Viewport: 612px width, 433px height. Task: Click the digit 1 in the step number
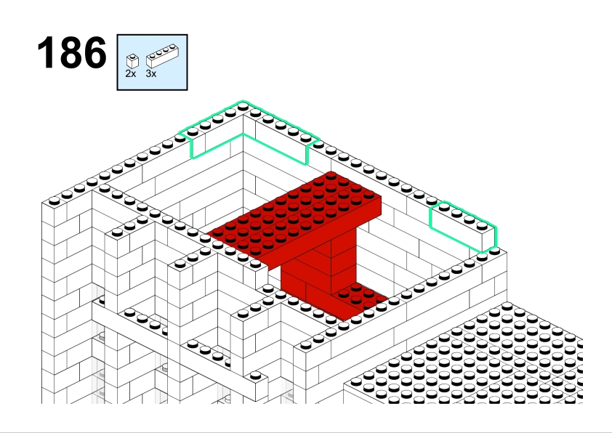click(45, 52)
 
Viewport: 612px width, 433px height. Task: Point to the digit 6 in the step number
click(94, 52)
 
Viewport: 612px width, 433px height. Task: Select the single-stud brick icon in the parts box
click(133, 61)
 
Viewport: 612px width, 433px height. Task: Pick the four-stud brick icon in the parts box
click(162, 56)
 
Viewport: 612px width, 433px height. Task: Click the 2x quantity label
click(131, 73)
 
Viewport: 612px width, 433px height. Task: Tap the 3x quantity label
click(151, 73)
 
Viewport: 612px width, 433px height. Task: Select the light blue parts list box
click(152, 62)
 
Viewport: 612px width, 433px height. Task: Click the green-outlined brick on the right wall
click(463, 226)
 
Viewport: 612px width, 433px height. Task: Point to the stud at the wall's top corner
click(243, 106)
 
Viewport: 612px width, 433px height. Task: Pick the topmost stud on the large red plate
click(331, 176)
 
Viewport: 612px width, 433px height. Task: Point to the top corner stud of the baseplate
click(507, 306)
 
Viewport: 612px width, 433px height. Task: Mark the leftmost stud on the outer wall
click(55, 201)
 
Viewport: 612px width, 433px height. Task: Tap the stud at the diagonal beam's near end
click(255, 376)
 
